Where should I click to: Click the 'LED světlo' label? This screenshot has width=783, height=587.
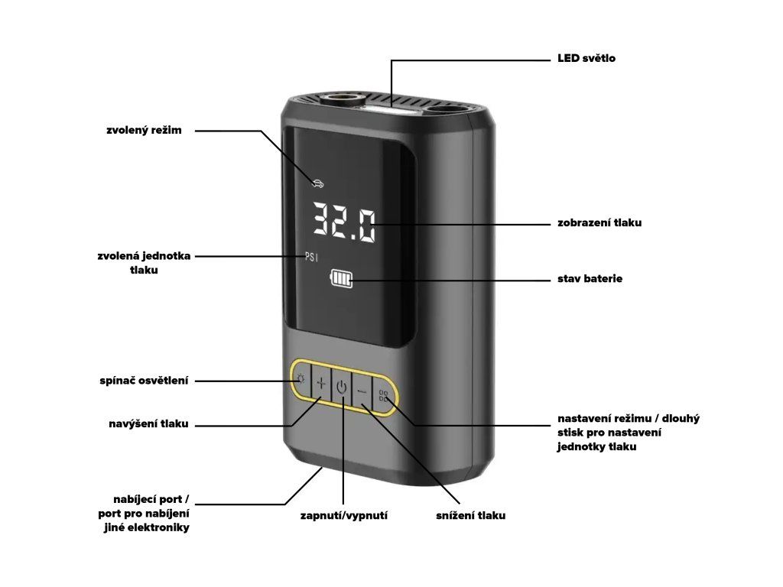[x=586, y=59]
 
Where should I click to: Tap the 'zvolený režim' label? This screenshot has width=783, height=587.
[x=145, y=131]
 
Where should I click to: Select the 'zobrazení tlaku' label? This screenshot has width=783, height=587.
[x=599, y=223]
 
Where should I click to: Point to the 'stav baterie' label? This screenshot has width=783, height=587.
[x=590, y=279]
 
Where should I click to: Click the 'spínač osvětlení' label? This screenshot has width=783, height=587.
[x=143, y=380]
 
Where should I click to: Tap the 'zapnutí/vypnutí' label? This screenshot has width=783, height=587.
[x=343, y=516]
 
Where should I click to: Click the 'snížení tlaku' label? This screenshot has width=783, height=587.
[x=470, y=516]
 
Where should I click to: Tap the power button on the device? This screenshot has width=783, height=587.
[x=342, y=388]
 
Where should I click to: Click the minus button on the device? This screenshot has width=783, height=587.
[x=362, y=392]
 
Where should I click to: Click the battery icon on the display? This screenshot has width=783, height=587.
[x=340, y=281]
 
